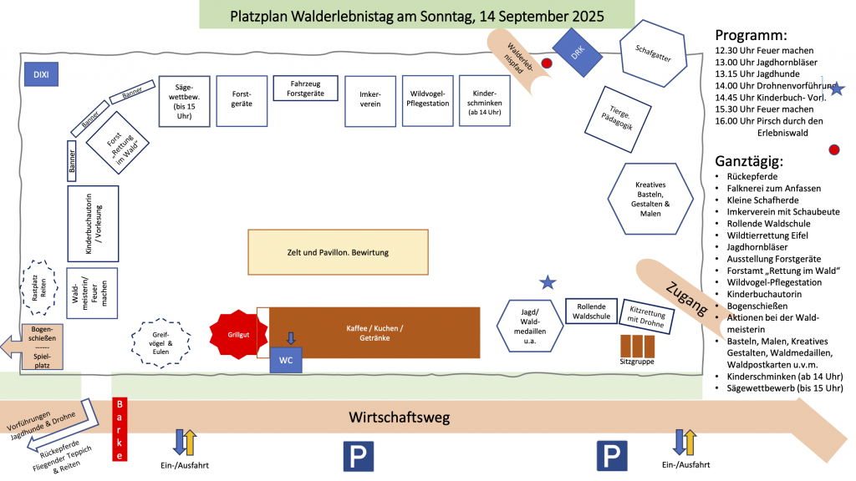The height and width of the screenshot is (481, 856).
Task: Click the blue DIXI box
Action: pyautogui.click(x=40, y=74)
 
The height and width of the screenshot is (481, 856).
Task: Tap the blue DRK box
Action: pyautogui.click(x=577, y=53)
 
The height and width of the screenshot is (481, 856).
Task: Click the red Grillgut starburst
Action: pyautogui.click(x=238, y=334)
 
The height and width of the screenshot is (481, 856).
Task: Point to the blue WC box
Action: pyautogui.click(x=286, y=359)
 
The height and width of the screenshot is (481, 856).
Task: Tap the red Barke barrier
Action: pyautogui.click(x=120, y=430)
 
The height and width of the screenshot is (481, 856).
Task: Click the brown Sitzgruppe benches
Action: pyautogui.click(x=637, y=345)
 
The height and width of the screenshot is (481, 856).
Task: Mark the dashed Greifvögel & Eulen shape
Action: pyautogui.click(x=162, y=343)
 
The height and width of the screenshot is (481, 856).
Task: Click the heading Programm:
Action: pyautogui.click(x=751, y=35)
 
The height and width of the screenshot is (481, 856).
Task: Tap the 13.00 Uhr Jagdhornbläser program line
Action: pyautogui.click(x=767, y=62)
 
